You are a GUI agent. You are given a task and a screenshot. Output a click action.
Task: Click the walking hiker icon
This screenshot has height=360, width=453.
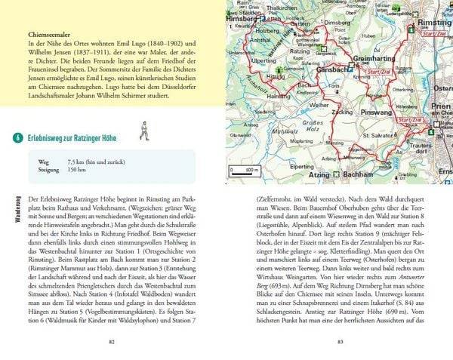140,135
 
